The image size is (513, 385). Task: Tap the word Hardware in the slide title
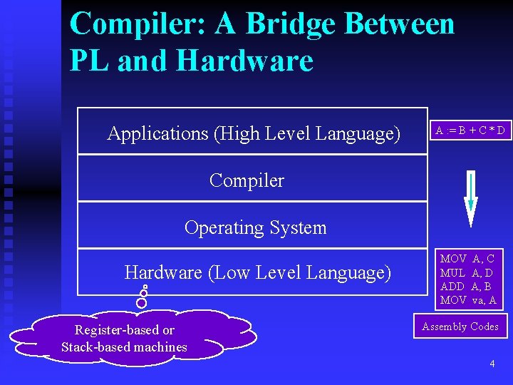click(x=244, y=61)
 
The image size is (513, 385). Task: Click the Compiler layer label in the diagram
click(x=247, y=180)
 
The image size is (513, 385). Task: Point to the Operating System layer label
click(x=255, y=227)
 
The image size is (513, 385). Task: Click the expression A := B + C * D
click(x=471, y=130)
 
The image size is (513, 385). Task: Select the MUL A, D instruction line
click(x=467, y=272)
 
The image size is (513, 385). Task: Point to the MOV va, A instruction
click(x=467, y=299)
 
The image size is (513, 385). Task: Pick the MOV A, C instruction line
click(x=467, y=259)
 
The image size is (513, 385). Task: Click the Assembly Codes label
click(x=460, y=327)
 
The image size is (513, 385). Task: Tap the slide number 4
click(x=492, y=364)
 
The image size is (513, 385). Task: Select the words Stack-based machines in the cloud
click(x=124, y=347)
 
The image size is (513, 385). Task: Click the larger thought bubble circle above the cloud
click(x=141, y=302)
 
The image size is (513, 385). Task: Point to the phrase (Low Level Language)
click(x=300, y=272)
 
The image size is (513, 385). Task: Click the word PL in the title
click(x=90, y=61)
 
